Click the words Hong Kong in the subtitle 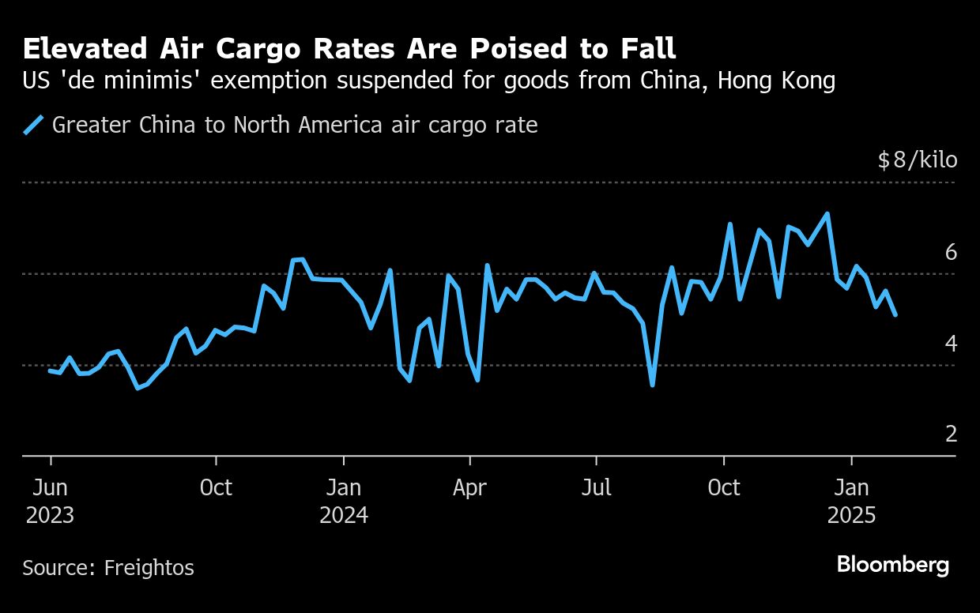[776, 81]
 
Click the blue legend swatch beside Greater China [33, 125]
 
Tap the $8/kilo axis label [917, 160]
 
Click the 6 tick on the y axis [951, 252]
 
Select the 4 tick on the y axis [951, 343]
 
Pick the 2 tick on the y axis [951, 433]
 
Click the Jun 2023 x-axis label [50, 501]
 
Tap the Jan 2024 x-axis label [343, 501]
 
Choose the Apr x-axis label [469, 487]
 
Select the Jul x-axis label [596, 487]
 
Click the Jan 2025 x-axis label [851, 501]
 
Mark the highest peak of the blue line [827, 213]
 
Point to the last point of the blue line [895, 314]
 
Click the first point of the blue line [50, 370]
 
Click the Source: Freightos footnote [107, 567]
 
